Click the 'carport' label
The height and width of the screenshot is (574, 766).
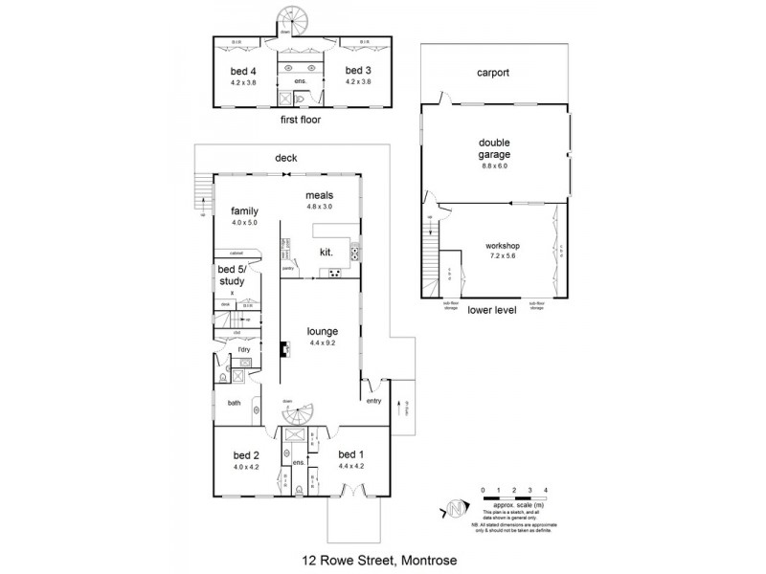tap(493, 73)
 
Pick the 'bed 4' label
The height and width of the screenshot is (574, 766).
tap(246, 72)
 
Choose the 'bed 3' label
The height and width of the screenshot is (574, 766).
tap(357, 72)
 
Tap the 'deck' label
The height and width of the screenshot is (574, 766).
tap(286, 159)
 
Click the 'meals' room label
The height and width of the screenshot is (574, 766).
tap(319, 194)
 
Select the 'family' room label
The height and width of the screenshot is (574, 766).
tap(245, 210)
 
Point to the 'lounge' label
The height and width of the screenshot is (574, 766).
tap(322, 331)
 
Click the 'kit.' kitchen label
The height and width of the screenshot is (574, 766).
tap(327, 254)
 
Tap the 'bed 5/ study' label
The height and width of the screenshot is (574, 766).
tap(232, 276)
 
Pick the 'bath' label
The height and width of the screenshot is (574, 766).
tap(234, 403)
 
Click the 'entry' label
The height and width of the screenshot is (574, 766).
tap(373, 401)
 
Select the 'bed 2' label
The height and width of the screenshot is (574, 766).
tap(246, 455)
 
